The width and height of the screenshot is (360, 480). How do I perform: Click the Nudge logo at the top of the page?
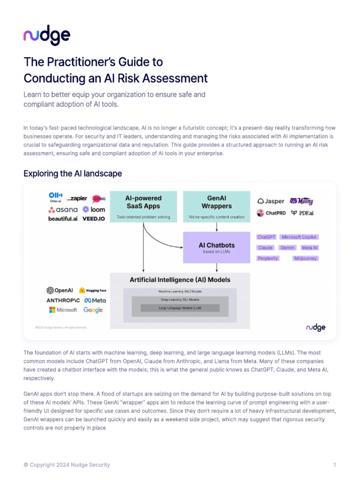click(x=47, y=36)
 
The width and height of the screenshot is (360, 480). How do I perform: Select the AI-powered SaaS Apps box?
click(x=143, y=206)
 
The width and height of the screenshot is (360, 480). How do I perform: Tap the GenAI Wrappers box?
click(x=216, y=206)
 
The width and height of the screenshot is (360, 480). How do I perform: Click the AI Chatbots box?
click(x=216, y=247)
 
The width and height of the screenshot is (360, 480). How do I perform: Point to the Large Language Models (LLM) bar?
click(x=180, y=308)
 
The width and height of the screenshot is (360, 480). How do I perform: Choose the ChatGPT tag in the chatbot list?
click(x=266, y=237)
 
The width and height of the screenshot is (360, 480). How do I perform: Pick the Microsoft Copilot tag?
click(x=299, y=237)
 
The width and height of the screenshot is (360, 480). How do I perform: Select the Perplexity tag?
click(x=268, y=258)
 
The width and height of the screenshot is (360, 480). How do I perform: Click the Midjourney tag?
click(x=306, y=258)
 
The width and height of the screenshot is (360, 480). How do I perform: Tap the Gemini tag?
click(x=287, y=247)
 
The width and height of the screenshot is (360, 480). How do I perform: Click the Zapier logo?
click(x=77, y=199)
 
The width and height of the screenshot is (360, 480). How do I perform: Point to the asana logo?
click(x=63, y=210)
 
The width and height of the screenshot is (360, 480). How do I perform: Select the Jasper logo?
click(x=271, y=201)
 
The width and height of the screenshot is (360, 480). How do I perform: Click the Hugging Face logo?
click(x=92, y=290)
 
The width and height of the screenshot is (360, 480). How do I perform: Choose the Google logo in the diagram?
click(x=93, y=310)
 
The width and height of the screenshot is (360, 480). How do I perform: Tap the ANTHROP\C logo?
click(x=63, y=300)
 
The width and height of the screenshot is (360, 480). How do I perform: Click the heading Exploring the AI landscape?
click(x=73, y=174)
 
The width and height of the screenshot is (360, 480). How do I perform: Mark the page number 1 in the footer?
click(x=335, y=465)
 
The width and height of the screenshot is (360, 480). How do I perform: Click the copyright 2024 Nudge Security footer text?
click(x=67, y=465)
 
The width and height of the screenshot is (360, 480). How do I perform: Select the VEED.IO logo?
click(x=94, y=218)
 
